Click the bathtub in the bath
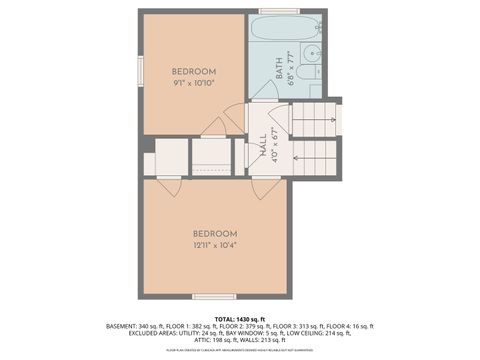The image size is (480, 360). [x=285, y=27]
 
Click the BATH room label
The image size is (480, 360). [x=278, y=67]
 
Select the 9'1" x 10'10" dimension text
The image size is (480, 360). [x=193, y=83]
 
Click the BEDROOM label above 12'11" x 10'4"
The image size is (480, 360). [x=215, y=233]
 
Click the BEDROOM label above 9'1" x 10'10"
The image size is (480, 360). [x=193, y=71]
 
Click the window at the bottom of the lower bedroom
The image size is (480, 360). [x=215, y=296]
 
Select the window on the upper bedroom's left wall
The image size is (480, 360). [x=141, y=72]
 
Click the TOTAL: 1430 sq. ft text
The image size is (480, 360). [x=240, y=317]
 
